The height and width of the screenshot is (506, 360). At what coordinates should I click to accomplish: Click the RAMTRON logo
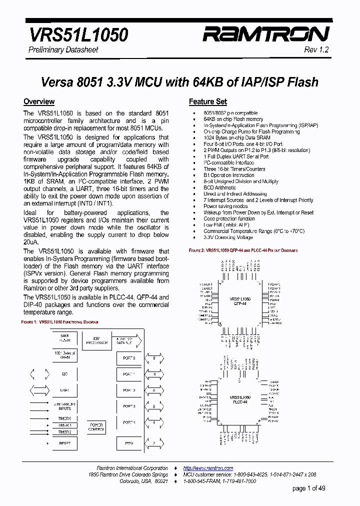[265, 34]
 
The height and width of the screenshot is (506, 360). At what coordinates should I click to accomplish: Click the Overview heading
[39, 101]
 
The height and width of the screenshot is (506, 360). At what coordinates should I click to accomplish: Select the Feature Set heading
[207, 101]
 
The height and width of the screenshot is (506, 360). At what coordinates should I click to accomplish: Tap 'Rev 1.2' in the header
[316, 50]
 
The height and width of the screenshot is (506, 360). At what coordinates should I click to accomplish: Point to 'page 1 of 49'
[308, 488]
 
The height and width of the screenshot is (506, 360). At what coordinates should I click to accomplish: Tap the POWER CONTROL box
[96, 426]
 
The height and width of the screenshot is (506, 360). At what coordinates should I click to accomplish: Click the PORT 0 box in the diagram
[129, 358]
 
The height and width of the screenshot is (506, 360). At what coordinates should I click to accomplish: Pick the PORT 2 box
[129, 390]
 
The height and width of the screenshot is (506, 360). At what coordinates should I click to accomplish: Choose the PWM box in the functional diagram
[129, 443]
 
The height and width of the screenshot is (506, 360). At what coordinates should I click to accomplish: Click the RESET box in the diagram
[65, 443]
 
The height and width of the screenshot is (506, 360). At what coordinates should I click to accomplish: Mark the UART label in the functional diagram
[65, 390]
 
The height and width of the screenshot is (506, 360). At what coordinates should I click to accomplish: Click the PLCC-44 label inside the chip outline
[240, 402]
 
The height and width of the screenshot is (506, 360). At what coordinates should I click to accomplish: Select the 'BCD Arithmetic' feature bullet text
[220, 187]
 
